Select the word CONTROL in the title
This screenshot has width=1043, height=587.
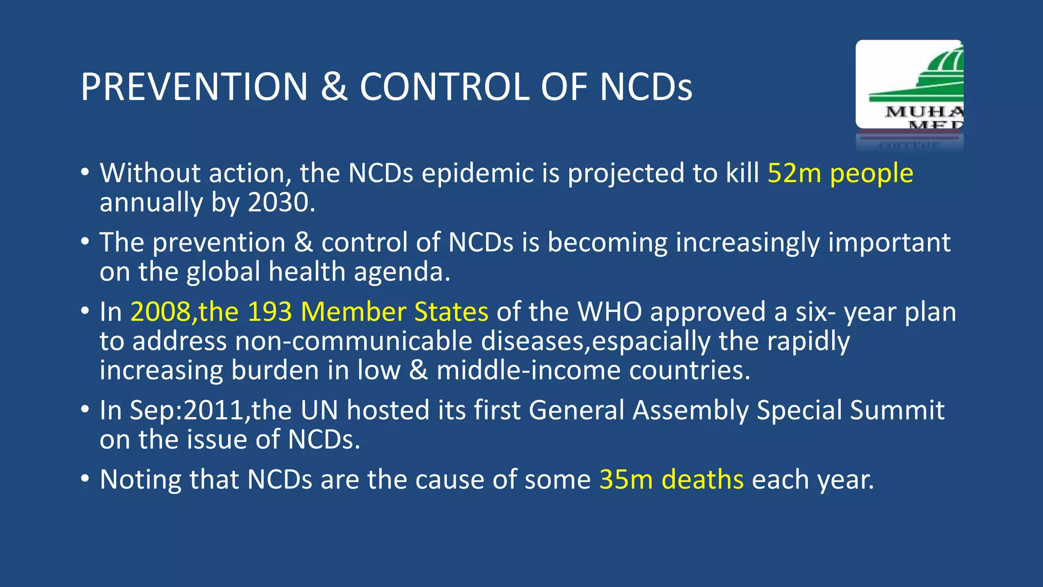pos(445,87)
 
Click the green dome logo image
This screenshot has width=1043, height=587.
pos(910,84)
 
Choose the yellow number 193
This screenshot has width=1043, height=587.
pos(270,312)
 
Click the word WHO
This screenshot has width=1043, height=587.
pos(610,312)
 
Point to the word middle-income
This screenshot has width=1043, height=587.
pos(528,370)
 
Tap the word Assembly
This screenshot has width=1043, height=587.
pos(690,410)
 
